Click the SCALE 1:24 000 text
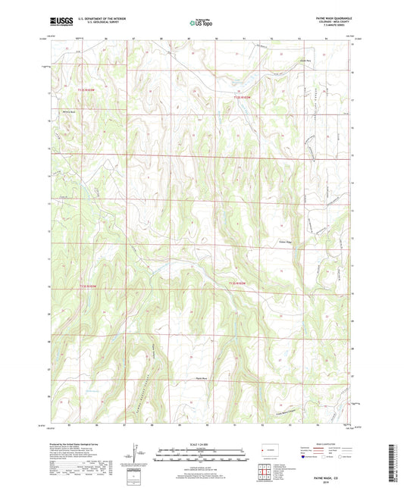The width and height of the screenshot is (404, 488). (x=201, y=443)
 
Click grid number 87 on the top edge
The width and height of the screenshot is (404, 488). (x=134, y=37)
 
